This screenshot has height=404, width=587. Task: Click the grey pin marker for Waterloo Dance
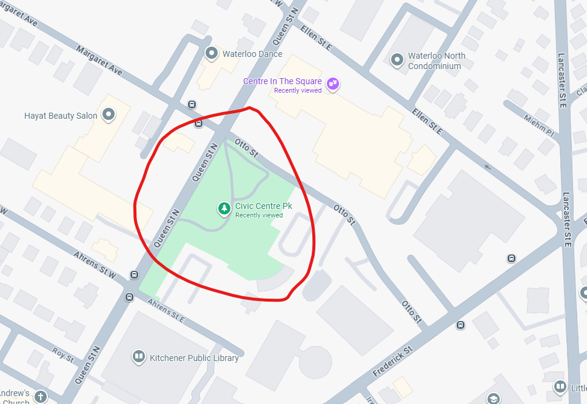click(x=212, y=54)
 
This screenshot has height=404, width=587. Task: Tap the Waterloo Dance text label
click(x=252, y=54)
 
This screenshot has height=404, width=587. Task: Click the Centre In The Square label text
click(x=282, y=81)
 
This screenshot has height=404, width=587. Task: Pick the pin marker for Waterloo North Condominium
click(x=397, y=60)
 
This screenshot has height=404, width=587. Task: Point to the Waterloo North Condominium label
click(x=437, y=61)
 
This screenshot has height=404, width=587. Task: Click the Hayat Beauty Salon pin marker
click(x=109, y=114)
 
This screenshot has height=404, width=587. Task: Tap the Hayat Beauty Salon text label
click(x=61, y=116)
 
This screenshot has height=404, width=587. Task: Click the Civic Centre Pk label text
click(x=263, y=206)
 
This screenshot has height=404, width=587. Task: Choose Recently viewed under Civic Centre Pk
click(x=259, y=215)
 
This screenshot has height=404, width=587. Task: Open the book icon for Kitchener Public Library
click(x=139, y=357)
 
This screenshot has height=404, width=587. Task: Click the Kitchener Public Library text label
click(x=194, y=358)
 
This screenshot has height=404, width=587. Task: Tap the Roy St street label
click(x=63, y=354)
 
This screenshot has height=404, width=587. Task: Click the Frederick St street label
click(x=392, y=361)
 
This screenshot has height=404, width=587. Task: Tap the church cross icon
click(x=41, y=397)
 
